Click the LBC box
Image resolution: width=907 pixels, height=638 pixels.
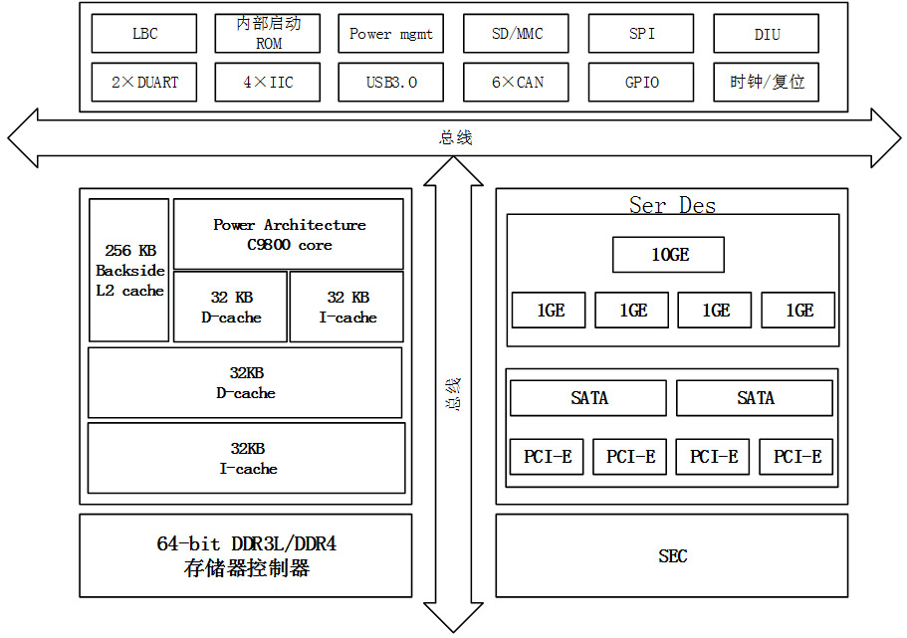coord(144,34)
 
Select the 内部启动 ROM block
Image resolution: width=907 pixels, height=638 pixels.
coord(268,34)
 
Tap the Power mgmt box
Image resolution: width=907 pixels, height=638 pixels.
coord(391,34)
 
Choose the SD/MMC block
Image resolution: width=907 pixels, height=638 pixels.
coord(517,34)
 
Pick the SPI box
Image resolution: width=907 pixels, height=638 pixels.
coord(641,34)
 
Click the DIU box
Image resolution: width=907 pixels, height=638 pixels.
coord(767,34)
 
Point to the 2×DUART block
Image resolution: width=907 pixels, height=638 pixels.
coord(144,82)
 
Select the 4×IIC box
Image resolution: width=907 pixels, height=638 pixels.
coord(268,82)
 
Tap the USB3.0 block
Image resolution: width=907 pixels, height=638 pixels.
coord(391,82)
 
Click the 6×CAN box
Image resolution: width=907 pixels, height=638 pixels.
coord(517,82)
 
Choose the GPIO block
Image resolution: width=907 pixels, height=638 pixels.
coord(641,82)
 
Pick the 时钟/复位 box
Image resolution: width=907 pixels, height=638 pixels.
coord(767,82)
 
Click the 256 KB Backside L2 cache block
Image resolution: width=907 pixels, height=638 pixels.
coord(129,270)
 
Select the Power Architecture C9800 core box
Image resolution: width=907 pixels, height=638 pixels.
coord(289,234)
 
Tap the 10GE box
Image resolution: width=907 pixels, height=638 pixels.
coord(669,255)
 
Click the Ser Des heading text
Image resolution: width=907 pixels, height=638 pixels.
coord(672,206)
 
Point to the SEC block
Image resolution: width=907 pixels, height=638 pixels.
coord(672,555)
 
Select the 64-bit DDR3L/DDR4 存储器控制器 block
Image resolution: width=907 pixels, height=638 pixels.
coord(245,555)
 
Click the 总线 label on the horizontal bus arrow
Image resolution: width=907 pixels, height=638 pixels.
coord(455,137)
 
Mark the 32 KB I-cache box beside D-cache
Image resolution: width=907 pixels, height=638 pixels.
coord(347,307)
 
